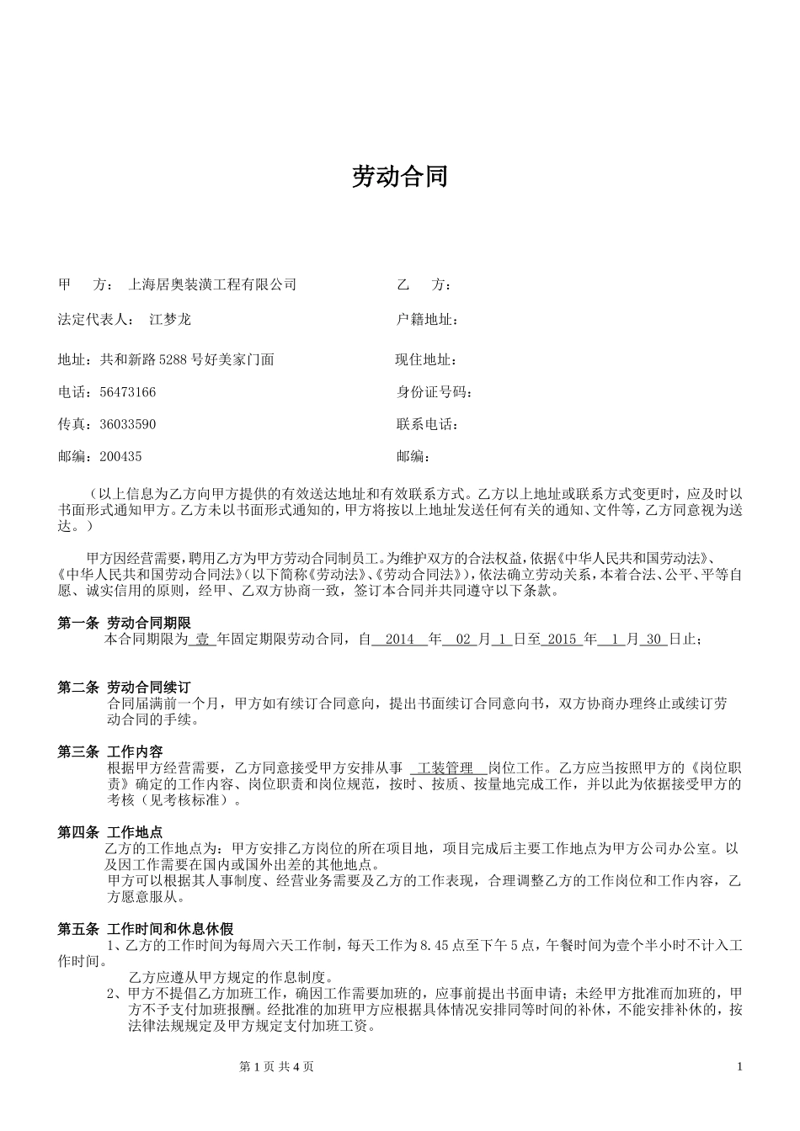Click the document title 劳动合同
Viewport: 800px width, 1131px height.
[399, 177]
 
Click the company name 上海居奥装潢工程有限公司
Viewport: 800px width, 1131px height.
[211, 285]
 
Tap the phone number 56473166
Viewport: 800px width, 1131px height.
[128, 392]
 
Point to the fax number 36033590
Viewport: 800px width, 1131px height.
[128, 424]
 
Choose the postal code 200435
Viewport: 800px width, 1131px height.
[121, 457]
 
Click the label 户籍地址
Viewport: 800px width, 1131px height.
[426, 320]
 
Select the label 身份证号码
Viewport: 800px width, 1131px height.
[434, 392]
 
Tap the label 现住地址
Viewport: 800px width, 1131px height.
[426, 360]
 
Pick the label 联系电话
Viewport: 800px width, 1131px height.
[426, 424]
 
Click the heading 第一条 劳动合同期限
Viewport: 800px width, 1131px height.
[125, 624]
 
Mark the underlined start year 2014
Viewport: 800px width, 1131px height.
[399, 640]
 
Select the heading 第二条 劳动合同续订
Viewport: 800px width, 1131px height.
[125, 688]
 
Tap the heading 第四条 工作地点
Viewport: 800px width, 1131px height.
[110, 832]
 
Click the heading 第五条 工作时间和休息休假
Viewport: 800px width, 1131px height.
[145, 930]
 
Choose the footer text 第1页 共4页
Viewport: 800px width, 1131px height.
[277, 1067]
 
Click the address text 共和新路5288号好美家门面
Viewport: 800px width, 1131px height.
[188, 360]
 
